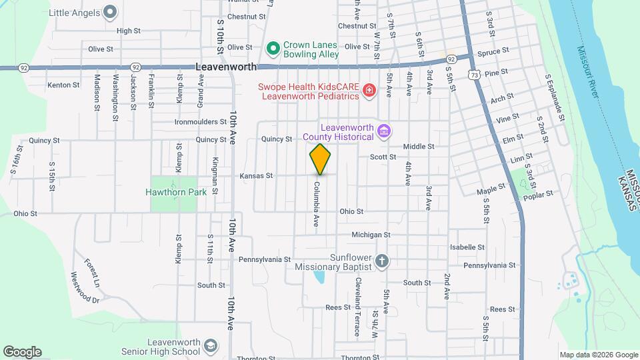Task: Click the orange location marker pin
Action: point(321,159)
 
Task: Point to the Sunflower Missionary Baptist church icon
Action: point(381,260)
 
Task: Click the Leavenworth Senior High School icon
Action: point(210,346)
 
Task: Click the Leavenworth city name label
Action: point(227,67)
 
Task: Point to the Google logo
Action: point(22,351)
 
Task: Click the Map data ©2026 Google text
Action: point(598,355)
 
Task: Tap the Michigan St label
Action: point(371,235)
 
